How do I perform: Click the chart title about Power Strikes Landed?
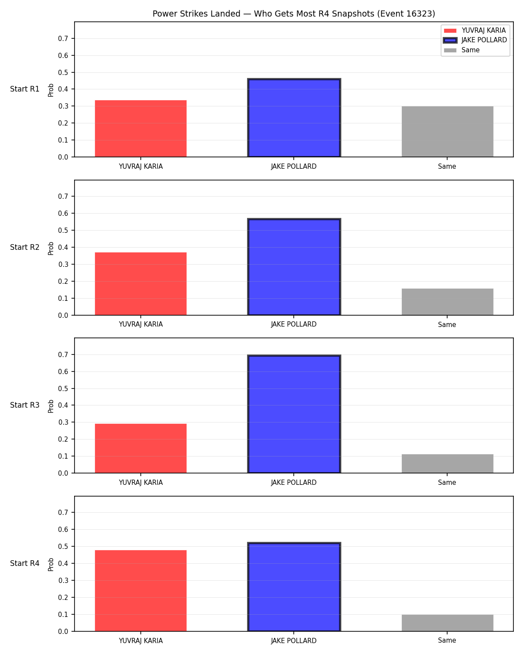tap(294, 14)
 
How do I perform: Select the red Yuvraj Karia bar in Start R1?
tap(141, 129)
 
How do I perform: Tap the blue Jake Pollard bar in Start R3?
tap(294, 414)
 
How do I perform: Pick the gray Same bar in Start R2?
tap(447, 302)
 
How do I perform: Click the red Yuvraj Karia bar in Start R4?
tap(141, 590)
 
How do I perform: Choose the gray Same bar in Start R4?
tap(447, 623)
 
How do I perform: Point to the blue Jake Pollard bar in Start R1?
tap(294, 118)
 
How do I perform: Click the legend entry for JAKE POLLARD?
tap(475, 40)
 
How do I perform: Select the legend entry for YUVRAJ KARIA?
tap(474, 31)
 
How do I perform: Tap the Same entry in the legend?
tap(462, 50)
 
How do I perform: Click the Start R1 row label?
tap(24, 89)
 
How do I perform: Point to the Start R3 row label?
tap(24, 405)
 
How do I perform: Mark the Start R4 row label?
tap(24, 563)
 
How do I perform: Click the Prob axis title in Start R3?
tap(51, 406)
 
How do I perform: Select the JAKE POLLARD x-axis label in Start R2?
tap(294, 324)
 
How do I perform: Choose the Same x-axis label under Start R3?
tap(447, 483)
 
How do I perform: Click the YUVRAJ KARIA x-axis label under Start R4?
tap(141, 641)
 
